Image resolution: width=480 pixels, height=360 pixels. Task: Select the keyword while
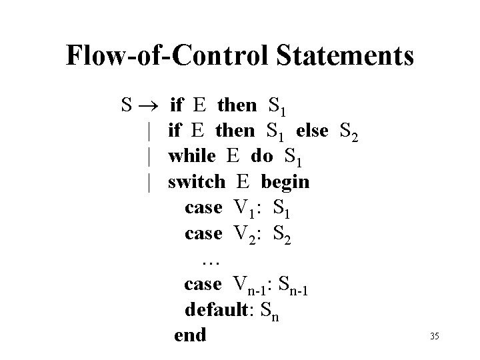(x=192, y=156)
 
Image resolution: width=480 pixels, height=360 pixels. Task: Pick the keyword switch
(x=197, y=182)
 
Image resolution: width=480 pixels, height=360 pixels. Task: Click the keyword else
(x=312, y=131)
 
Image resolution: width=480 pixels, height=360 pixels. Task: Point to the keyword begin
(x=285, y=182)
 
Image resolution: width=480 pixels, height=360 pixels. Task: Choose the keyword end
(x=190, y=335)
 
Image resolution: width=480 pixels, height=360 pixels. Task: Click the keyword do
(x=261, y=156)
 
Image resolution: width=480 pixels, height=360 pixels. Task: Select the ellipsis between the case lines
(x=211, y=258)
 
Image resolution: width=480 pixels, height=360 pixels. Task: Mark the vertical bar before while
(x=152, y=156)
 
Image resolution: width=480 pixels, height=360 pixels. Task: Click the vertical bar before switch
(x=152, y=182)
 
